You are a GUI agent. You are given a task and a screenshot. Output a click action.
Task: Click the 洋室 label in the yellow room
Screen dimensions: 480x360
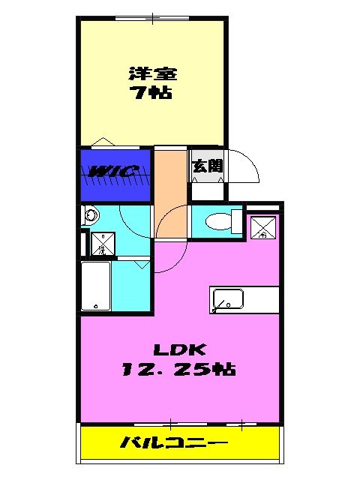(x=153, y=74)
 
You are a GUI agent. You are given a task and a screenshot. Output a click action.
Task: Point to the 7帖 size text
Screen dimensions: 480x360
(x=153, y=94)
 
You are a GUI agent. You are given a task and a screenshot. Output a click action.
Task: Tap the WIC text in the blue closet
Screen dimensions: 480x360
(x=113, y=172)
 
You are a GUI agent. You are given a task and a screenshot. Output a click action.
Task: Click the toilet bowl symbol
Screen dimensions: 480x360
(x=217, y=221)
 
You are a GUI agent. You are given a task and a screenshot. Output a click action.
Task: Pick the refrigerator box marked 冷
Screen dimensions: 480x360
(x=263, y=226)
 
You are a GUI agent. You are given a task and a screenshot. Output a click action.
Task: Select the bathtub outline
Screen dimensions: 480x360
(x=95, y=286)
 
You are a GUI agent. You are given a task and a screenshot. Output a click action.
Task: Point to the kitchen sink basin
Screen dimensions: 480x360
(x=226, y=299)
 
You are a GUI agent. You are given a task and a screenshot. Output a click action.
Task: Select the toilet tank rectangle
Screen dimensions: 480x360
(x=237, y=222)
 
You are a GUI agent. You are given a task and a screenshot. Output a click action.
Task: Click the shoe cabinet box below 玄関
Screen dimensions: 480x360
(x=207, y=190)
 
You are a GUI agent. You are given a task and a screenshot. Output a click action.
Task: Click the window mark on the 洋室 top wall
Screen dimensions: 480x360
(x=152, y=16)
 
